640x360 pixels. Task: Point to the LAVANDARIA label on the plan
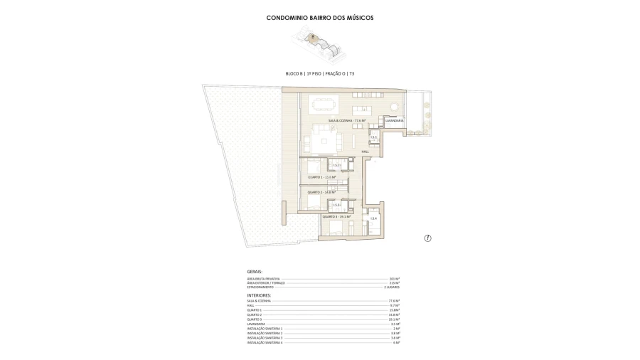[x=394, y=121]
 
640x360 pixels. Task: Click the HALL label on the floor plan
[x=366, y=152]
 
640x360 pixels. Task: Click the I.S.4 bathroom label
[x=373, y=218]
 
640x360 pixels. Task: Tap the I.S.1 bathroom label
[x=373, y=137]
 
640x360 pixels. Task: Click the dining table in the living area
[x=325, y=104]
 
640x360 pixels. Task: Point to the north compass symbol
[x=428, y=238]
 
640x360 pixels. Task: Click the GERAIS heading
[x=255, y=271]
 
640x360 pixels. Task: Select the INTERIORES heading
[x=258, y=295]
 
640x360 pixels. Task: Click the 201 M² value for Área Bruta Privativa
[x=395, y=278]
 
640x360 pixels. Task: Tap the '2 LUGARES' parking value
[x=391, y=287]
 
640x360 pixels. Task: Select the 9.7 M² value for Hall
[x=395, y=306]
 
